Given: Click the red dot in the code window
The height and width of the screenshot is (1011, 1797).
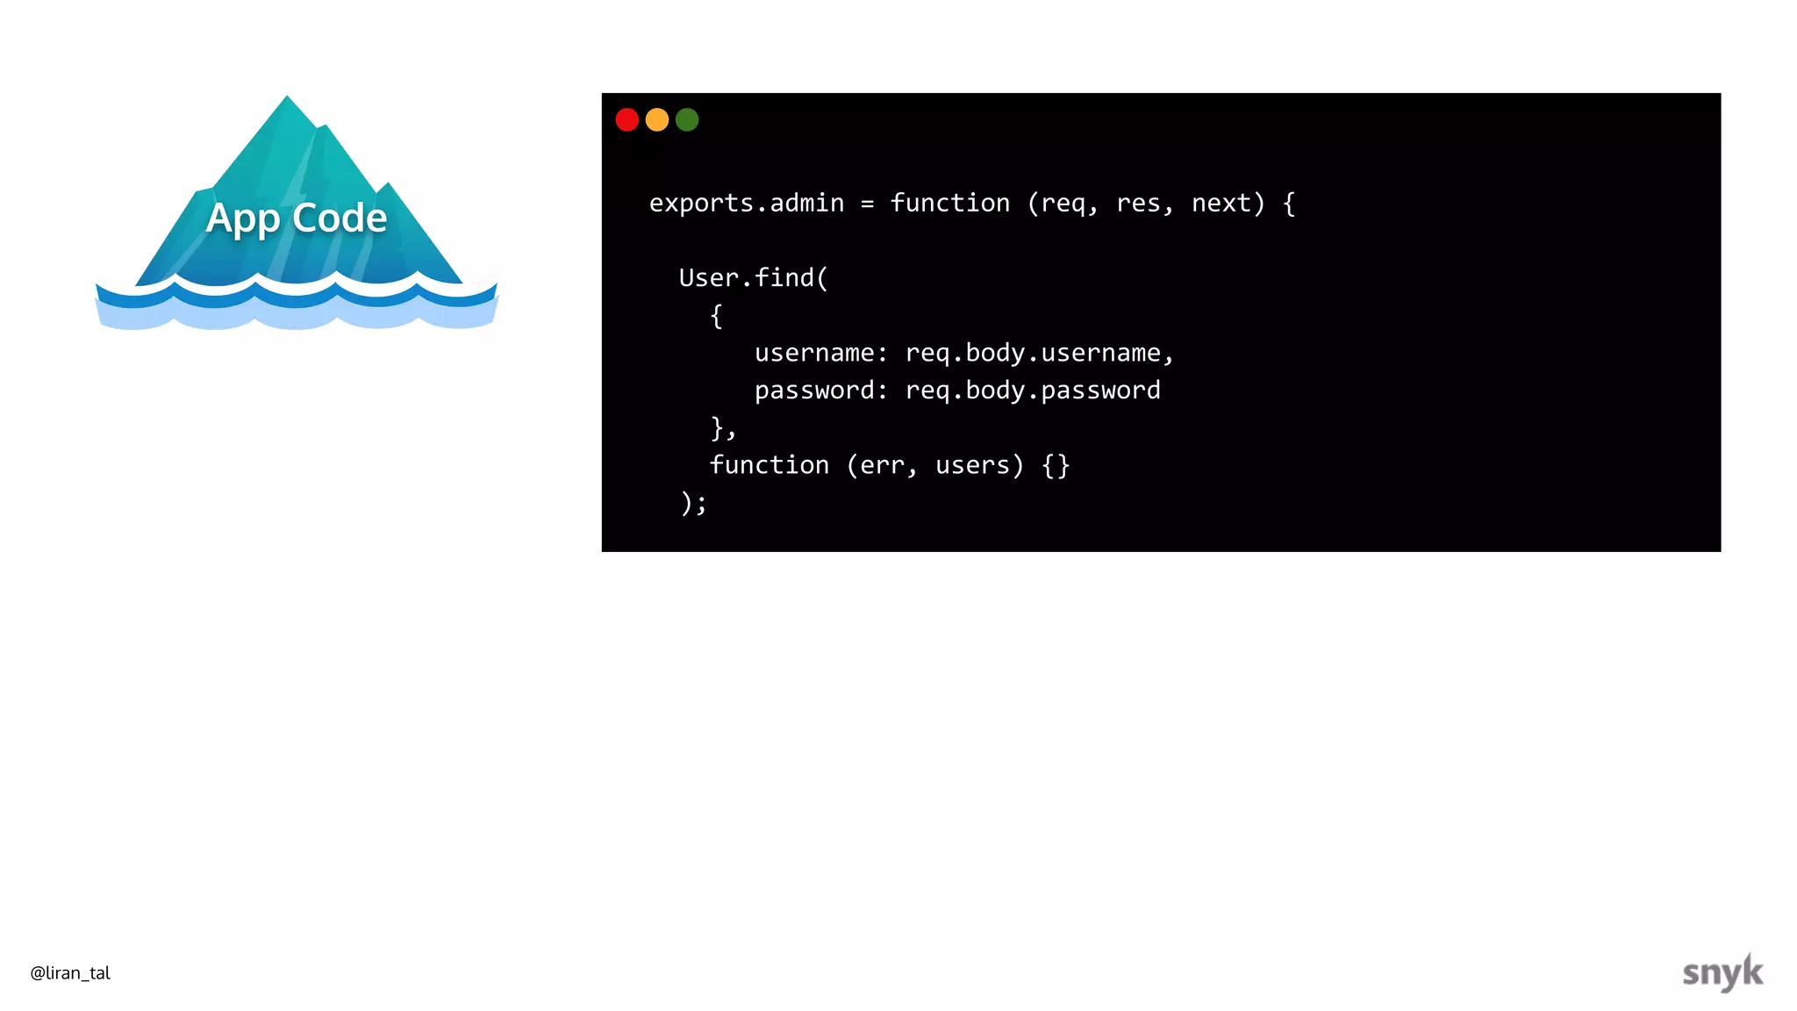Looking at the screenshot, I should [626, 119].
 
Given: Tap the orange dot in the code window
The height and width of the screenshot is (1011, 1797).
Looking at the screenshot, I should [657, 119].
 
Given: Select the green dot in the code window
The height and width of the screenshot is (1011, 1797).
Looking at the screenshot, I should [687, 119].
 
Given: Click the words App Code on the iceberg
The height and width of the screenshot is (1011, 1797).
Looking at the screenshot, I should [297, 218].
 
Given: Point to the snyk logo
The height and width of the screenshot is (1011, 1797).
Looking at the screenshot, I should [1722, 972].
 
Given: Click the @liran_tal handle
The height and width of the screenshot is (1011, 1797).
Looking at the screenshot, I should [70, 972].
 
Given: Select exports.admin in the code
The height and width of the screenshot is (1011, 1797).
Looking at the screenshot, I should [746, 204].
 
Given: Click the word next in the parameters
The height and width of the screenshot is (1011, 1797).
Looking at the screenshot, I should [1221, 204].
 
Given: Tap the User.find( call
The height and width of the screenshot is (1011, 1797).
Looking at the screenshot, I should [753, 278].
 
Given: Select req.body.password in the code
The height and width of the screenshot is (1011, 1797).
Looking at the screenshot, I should [1033, 391].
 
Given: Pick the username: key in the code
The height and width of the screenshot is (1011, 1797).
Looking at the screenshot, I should [821, 353].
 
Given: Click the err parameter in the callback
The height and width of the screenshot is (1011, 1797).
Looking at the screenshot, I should [881, 465].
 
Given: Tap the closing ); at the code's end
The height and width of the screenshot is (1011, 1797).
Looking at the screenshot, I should [693, 503].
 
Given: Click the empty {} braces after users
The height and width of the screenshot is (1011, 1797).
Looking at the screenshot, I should [1056, 465].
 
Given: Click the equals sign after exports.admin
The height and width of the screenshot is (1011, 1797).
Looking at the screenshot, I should [867, 204].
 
